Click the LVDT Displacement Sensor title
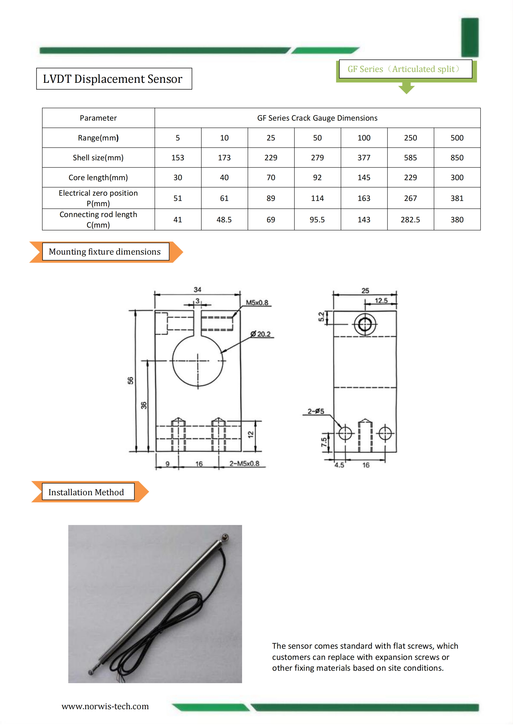[x=113, y=79]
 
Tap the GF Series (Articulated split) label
[x=404, y=69]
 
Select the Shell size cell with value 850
[x=457, y=158]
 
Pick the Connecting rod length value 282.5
[x=410, y=220]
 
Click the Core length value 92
[x=317, y=177]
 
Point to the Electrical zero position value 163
[x=363, y=198]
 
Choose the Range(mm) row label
[x=98, y=138]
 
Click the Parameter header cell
[x=98, y=118]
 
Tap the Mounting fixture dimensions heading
[x=105, y=252]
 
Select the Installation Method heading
[x=86, y=492]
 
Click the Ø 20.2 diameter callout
[x=261, y=334]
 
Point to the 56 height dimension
[x=131, y=380]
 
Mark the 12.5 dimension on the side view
[x=381, y=300]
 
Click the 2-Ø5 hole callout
[x=316, y=411]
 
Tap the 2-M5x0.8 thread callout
[x=244, y=463]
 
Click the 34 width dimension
[x=197, y=289]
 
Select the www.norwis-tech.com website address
[x=105, y=706]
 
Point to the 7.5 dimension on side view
[x=324, y=442]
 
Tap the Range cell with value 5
[x=178, y=138]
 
